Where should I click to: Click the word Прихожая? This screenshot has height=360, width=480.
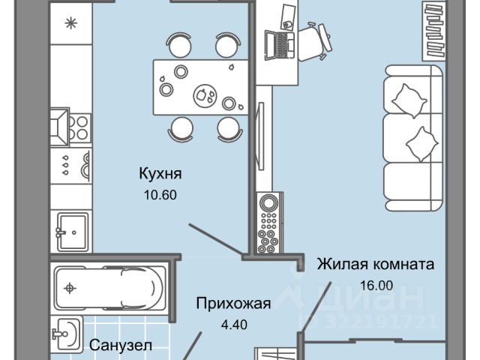(232, 304)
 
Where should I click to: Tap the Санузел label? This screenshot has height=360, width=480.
(121, 346)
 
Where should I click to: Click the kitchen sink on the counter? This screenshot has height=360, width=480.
(73, 226)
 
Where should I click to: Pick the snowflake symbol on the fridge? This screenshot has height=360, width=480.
(72, 22)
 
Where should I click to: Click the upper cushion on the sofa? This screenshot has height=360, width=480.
(409, 97)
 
